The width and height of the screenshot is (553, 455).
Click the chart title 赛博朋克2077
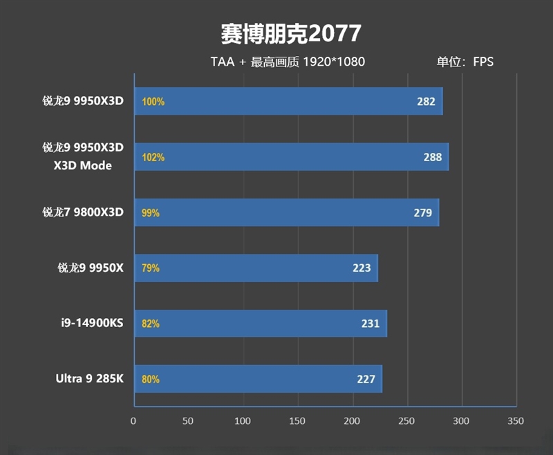pyautogui.click(x=290, y=32)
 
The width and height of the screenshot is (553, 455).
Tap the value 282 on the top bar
pyautogui.click(x=426, y=102)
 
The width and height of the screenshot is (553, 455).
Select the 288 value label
pyautogui.click(x=433, y=157)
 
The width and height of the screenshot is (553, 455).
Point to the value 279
pyautogui.click(x=423, y=212)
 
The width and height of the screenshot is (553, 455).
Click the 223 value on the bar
pyautogui.click(x=362, y=268)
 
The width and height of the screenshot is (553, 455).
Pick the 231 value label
pyautogui.click(x=371, y=323)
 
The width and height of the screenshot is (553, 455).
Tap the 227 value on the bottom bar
pyautogui.click(x=366, y=379)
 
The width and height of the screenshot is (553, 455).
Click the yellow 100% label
pyautogui.click(x=153, y=102)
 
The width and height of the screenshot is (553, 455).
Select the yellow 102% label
pyautogui.click(x=153, y=157)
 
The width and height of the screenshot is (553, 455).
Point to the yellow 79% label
pyautogui.click(x=150, y=268)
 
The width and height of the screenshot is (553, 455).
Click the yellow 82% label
pyautogui.click(x=150, y=323)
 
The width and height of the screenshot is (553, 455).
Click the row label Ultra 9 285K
pyautogui.click(x=89, y=379)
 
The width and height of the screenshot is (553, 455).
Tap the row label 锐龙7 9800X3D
pyautogui.click(x=82, y=212)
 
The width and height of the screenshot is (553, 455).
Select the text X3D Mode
pyautogui.click(x=82, y=166)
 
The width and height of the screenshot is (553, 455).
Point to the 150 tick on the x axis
pyautogui.click(x=297, y=420)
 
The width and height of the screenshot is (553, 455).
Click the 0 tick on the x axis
pyautogui.click(x=133, y=420)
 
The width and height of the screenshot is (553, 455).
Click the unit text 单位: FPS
pyautogui.click(x=465, y=62)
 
